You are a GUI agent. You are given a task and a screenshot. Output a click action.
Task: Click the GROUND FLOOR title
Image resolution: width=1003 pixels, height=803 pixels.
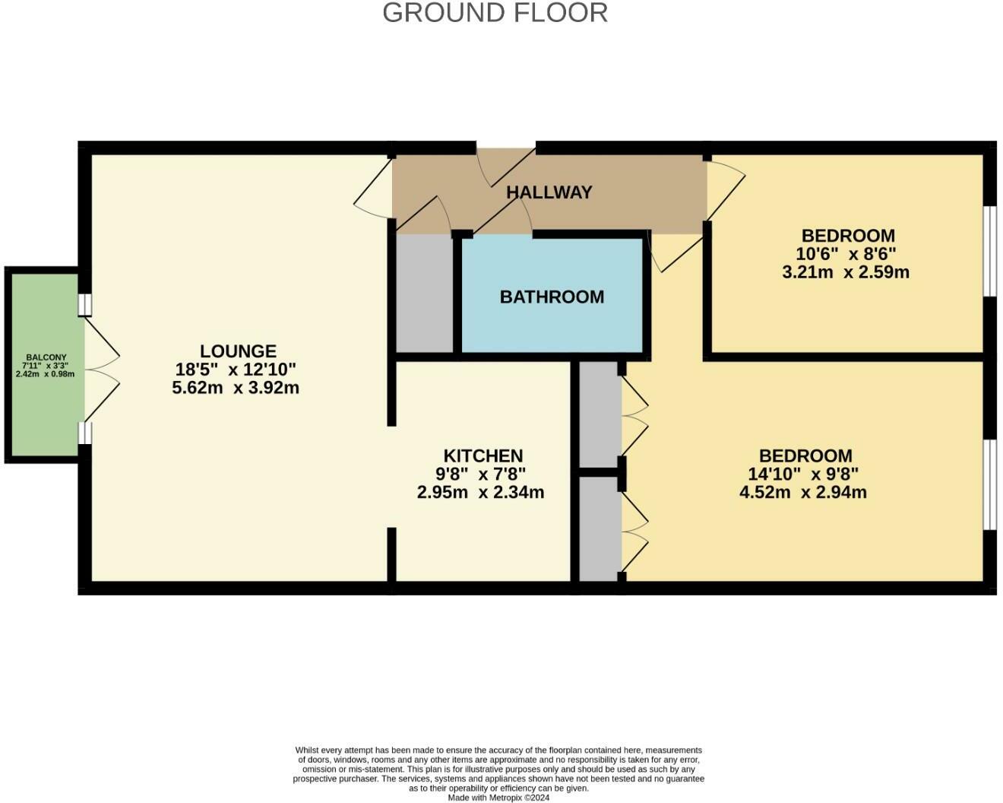pos(495,13)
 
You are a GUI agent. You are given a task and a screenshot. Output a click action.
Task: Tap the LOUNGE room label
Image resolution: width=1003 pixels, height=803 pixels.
pos(238,351)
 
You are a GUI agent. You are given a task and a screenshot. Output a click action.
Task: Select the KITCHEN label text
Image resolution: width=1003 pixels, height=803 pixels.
pos(483,456)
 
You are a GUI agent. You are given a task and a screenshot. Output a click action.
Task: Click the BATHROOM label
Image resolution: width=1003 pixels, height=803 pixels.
pos(552,297)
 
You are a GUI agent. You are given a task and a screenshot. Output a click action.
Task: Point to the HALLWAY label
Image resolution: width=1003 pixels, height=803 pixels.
pos(549,192)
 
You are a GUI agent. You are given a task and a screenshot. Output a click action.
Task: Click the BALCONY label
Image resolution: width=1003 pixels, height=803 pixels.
pos(46,357)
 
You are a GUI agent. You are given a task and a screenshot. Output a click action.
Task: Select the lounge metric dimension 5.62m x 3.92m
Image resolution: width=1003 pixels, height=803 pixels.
pos(236,388)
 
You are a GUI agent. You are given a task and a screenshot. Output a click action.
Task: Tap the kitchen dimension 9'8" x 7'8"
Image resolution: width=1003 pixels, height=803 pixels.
pos(480,474)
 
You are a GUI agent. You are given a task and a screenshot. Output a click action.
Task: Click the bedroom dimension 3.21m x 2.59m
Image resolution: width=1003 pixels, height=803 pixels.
pos(846,272)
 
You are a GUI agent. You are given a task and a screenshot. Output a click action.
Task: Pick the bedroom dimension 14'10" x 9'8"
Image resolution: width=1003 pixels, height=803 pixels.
pos(803,474)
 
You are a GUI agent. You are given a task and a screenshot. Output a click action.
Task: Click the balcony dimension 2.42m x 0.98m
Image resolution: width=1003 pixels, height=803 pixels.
pos(46,374)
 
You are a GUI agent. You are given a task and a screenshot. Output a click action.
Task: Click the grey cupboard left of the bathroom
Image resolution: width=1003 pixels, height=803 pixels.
pos(425,293)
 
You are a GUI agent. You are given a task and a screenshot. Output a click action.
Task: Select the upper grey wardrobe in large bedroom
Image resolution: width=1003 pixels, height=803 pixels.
pos(600,414)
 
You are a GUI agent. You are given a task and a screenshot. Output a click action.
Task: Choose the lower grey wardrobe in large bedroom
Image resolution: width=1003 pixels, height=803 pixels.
pos(600,528)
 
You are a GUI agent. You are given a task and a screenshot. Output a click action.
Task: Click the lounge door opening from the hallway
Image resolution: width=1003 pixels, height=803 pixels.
pos(374,186)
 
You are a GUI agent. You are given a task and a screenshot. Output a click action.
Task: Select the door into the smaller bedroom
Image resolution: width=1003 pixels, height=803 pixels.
pos(724,190)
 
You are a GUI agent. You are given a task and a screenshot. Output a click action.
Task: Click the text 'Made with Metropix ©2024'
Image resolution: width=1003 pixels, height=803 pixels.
pos(498,798)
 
